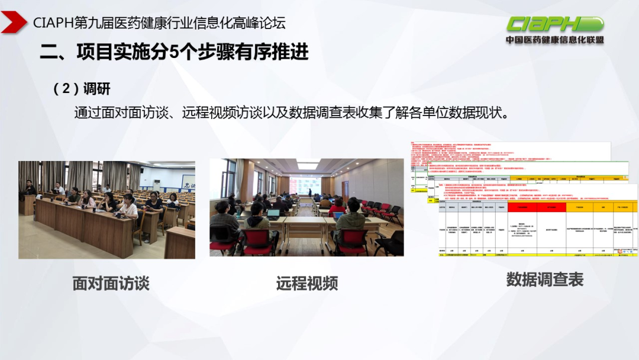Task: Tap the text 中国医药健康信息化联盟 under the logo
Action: [554, 40]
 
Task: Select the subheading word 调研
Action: [97, 89]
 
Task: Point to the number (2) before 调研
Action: [66, 89]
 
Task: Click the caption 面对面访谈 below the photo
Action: [111, 283]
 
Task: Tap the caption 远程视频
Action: [306, 284]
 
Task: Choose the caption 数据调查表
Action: [544, 279]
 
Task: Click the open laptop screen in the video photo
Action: [273, 214]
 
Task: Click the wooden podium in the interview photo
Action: [27, 204]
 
